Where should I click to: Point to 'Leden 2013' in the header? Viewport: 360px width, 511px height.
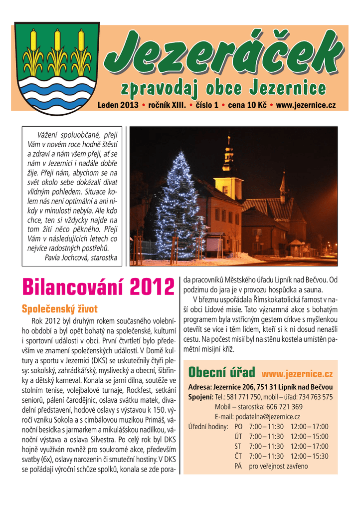[118, 106]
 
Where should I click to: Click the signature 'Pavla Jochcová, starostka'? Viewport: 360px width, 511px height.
[81, 257]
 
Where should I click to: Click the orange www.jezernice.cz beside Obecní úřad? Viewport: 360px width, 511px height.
[297, 374]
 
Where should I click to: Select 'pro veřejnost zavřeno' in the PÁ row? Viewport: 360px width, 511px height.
[278, 466]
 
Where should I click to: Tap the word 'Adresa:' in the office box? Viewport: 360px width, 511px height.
[199, 387]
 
